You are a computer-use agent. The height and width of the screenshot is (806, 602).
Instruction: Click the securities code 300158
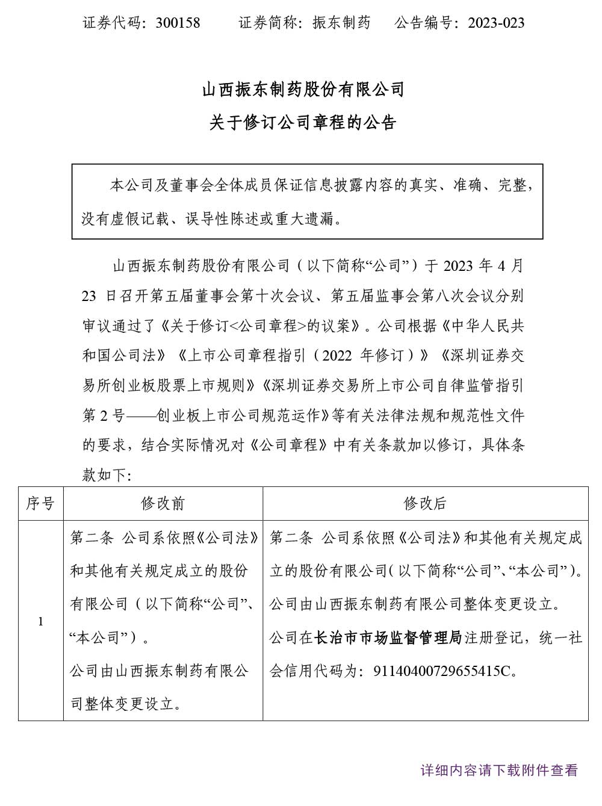pyautogui.click(x=178, y=23)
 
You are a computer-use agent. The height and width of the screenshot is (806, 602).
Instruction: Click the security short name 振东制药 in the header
pyautogui.click(x=341, y=23)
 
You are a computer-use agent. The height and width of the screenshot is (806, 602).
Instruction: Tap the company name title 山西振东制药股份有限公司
pyautogui.click(x=303, y=90)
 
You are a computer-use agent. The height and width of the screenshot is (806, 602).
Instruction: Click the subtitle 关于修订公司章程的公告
pyautogui.click(x=303, y=123)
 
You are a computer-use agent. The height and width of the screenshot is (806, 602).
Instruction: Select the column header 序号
pyautogui.click(x=40, y=503)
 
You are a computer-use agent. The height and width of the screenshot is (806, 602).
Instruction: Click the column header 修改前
pyautogui.click(x=163, y=503)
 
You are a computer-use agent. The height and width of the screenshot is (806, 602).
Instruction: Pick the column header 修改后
pyautogui.click(x=425, y=503)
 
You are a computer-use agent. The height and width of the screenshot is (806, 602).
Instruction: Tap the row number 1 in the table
pyautogui.click(x=40, y=621)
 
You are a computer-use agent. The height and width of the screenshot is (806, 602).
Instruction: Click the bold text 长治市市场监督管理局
pyautogui.click(x=388, y=637)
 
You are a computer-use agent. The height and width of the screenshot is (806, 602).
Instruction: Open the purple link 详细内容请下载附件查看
pyautogui.click(x=499, y=770)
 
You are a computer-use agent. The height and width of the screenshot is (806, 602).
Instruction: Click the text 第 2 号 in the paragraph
pyautogui.click(x=102, y=415)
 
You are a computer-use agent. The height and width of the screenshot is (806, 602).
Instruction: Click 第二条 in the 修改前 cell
pyautogui.click(x=92, y=538)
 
